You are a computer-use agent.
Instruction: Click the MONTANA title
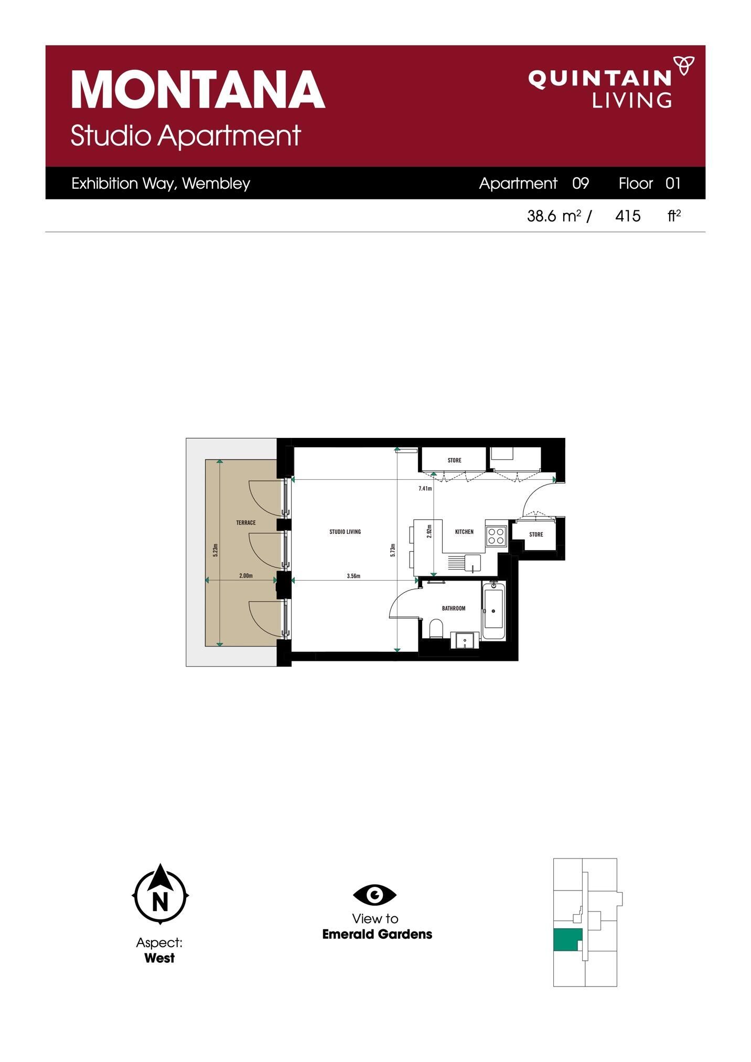pos(198,90)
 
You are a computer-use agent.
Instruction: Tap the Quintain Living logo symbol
pos(683,66)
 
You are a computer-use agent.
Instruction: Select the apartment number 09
pos(581,184)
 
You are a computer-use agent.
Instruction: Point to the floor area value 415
pos(628,216)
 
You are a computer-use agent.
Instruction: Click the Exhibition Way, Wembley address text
pos(160,184)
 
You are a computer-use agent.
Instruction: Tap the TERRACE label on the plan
pos(245,523)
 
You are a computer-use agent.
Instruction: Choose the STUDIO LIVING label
pos(345,532)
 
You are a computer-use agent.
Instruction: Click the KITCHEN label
pos(464,532)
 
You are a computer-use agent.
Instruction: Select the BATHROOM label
pos(454,608)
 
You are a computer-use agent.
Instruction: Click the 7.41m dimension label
pos(425,489)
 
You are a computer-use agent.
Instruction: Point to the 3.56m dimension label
pos(353,576)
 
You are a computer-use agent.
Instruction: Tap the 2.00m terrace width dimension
pos(246,576)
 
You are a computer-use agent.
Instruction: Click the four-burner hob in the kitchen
pos(496,536)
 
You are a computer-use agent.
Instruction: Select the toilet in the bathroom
pos(436,628)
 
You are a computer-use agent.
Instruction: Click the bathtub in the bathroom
pos(493,610)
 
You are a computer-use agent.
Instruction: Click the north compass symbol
pos(160,895)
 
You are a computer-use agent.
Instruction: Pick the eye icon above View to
pos(374,895)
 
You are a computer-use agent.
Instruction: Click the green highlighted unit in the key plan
pos(567,939)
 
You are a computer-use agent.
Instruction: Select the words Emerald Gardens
pos(377,934)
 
